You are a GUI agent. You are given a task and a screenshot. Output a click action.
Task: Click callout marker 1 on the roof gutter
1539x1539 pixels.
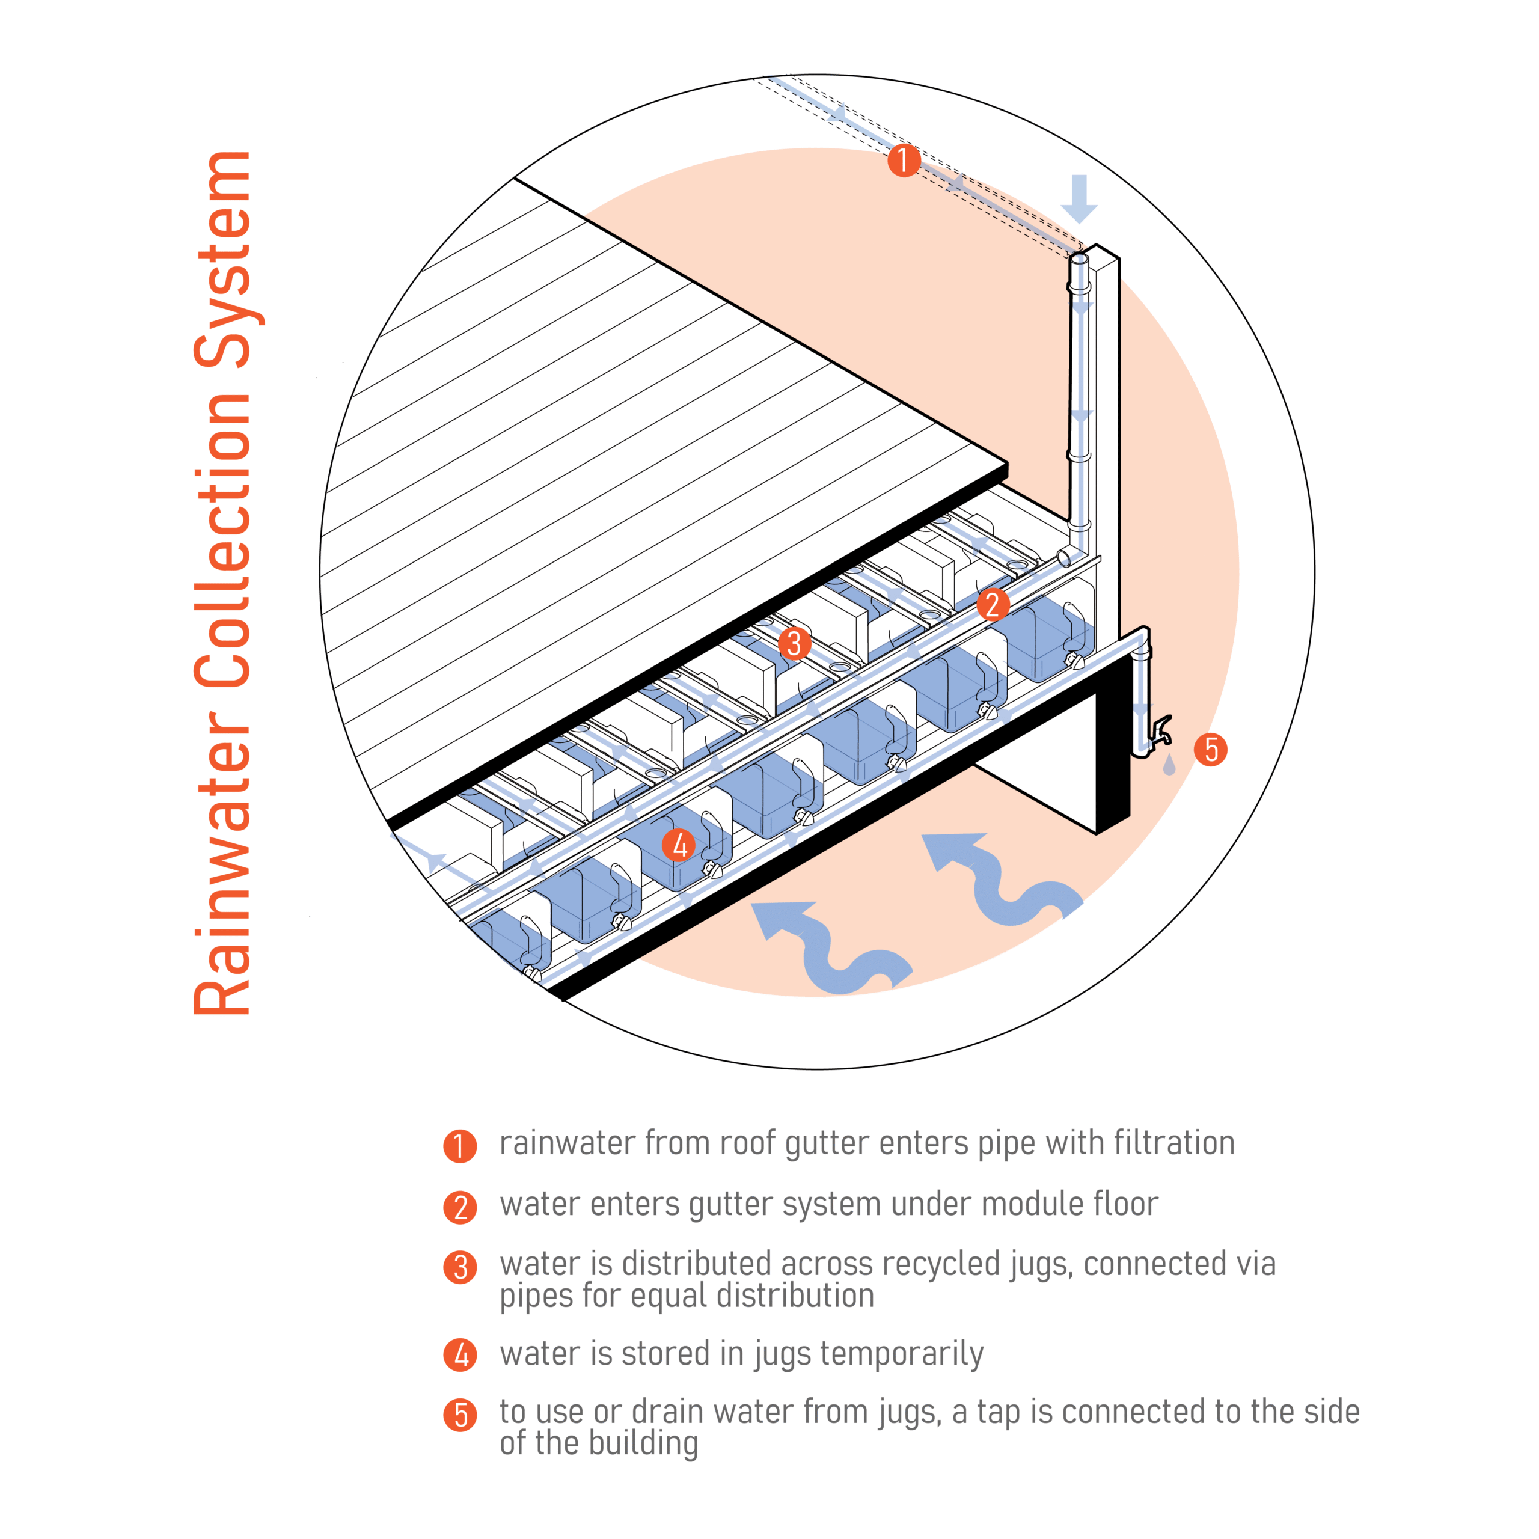click(904, 160)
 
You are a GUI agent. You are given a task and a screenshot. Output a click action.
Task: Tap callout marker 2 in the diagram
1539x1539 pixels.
click(993, 605)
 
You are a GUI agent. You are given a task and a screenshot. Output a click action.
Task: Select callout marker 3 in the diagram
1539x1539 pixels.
click(794, 643)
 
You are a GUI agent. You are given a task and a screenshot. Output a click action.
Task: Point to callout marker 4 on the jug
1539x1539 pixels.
click(679, 845)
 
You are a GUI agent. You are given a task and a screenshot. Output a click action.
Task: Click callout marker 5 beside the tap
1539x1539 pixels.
click(1211, 750)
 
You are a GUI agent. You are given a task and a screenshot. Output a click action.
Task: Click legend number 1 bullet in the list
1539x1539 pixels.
click(460, 1146)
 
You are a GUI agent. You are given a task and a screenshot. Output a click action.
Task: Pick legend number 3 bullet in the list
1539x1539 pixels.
click(460, 1267)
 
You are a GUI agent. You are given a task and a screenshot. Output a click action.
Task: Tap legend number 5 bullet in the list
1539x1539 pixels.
click(460, 1416)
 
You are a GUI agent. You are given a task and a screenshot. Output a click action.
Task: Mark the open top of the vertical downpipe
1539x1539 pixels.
click(1079, 259)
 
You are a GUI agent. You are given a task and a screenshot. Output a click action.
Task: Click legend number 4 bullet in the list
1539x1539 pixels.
click(460, 1355)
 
